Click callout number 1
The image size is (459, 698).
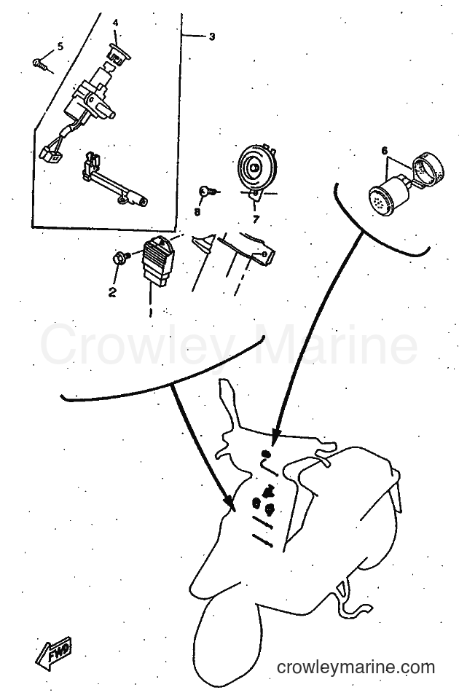click(x=151, y=311)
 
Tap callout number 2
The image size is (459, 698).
click(x=112, y=292)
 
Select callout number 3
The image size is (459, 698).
click(x=211, y=36)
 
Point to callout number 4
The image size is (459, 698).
click(x=115, y=23)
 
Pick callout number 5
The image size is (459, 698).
click(x=60, y=47)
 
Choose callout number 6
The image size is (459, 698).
click(x=384, y=151)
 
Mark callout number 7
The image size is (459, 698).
click(x=256, y=219)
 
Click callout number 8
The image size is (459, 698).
click(x=197, y=212)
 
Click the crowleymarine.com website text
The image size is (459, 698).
click(x=356, y=667)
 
